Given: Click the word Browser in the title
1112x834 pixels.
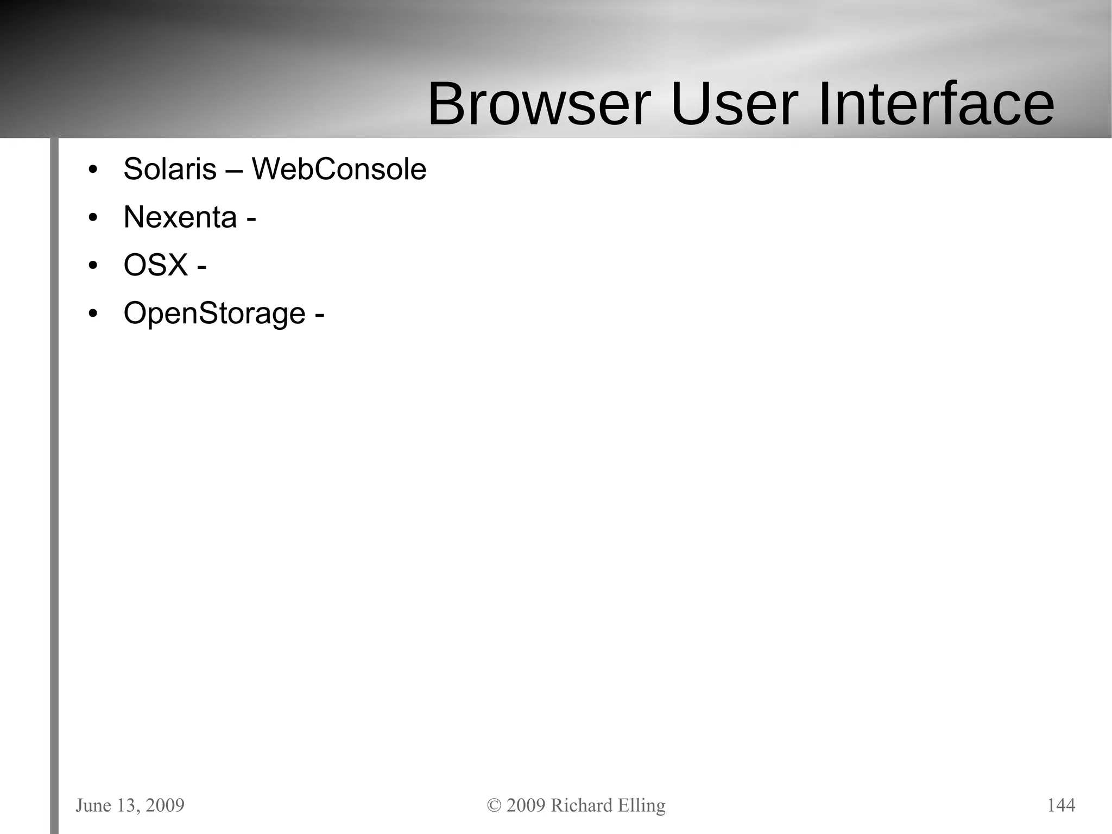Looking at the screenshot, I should (539, 104).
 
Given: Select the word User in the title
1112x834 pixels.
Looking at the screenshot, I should (734, 104).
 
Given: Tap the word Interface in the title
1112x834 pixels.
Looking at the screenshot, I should (936, 104).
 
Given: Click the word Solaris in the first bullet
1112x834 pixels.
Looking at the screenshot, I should (170, 169).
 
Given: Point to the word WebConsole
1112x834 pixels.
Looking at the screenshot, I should (339, 169).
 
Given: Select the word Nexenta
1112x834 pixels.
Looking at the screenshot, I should (180, 217).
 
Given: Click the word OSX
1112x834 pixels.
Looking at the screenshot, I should (155, 265).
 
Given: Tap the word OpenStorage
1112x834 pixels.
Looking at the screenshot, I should (214, 313).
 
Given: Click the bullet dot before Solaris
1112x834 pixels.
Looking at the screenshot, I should (93, 170).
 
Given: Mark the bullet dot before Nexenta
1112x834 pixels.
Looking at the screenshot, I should (93, 218).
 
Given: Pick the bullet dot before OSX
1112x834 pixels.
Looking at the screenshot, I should (93, 266).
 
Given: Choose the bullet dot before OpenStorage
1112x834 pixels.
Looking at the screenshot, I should (93, 315).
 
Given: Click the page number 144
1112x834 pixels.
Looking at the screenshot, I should (1061, 805).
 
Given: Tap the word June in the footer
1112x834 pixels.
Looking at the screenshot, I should (93, 805).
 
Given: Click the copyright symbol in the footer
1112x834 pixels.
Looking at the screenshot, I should (494, 805).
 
